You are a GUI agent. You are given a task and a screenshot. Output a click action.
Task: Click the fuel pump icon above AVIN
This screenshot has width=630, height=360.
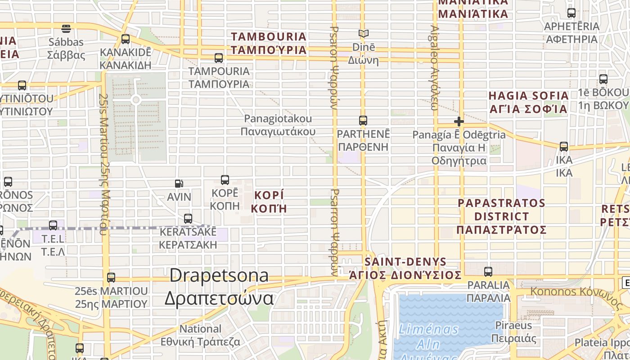coord(179,184)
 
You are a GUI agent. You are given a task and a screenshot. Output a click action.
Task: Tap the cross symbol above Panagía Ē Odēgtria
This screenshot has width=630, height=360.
coord(459,121)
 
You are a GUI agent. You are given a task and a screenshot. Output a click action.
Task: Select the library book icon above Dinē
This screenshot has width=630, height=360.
coord(363,34)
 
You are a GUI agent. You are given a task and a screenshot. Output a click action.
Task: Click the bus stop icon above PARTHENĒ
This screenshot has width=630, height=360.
coord(363,121)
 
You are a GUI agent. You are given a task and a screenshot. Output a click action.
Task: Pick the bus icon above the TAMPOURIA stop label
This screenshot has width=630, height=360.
coord(219,58)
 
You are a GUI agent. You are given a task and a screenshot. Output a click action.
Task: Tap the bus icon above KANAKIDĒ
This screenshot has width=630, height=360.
coord(126,39)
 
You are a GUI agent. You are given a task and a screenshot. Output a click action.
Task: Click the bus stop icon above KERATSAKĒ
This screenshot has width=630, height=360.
coord(188,219)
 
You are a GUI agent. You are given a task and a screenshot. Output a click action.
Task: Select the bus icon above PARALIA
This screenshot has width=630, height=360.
coord(488,272)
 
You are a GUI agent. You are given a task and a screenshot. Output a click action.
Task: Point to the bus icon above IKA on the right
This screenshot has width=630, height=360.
coord(564,147)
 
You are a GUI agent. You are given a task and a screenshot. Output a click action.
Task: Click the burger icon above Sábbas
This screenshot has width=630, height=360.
coord(66,29)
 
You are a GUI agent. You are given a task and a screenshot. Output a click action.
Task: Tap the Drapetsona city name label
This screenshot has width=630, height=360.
coord(219,287)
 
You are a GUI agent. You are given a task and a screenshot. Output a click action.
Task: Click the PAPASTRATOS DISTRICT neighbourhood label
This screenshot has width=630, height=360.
coord(501,216)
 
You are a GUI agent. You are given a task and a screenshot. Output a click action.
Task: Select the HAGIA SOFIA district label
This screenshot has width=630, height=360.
coord(528,102)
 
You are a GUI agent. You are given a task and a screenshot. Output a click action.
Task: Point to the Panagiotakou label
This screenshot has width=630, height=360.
coord(278,125)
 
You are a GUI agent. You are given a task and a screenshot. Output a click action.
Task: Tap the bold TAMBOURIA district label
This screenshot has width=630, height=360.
coord(269,43)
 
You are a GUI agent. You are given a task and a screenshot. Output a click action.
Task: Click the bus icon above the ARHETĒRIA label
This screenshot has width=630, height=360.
coord(571,13)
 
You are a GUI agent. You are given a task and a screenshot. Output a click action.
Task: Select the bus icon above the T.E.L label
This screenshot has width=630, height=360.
coord(53,225)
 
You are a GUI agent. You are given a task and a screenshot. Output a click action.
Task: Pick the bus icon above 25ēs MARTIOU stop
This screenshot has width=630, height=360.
coord(111,278)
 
